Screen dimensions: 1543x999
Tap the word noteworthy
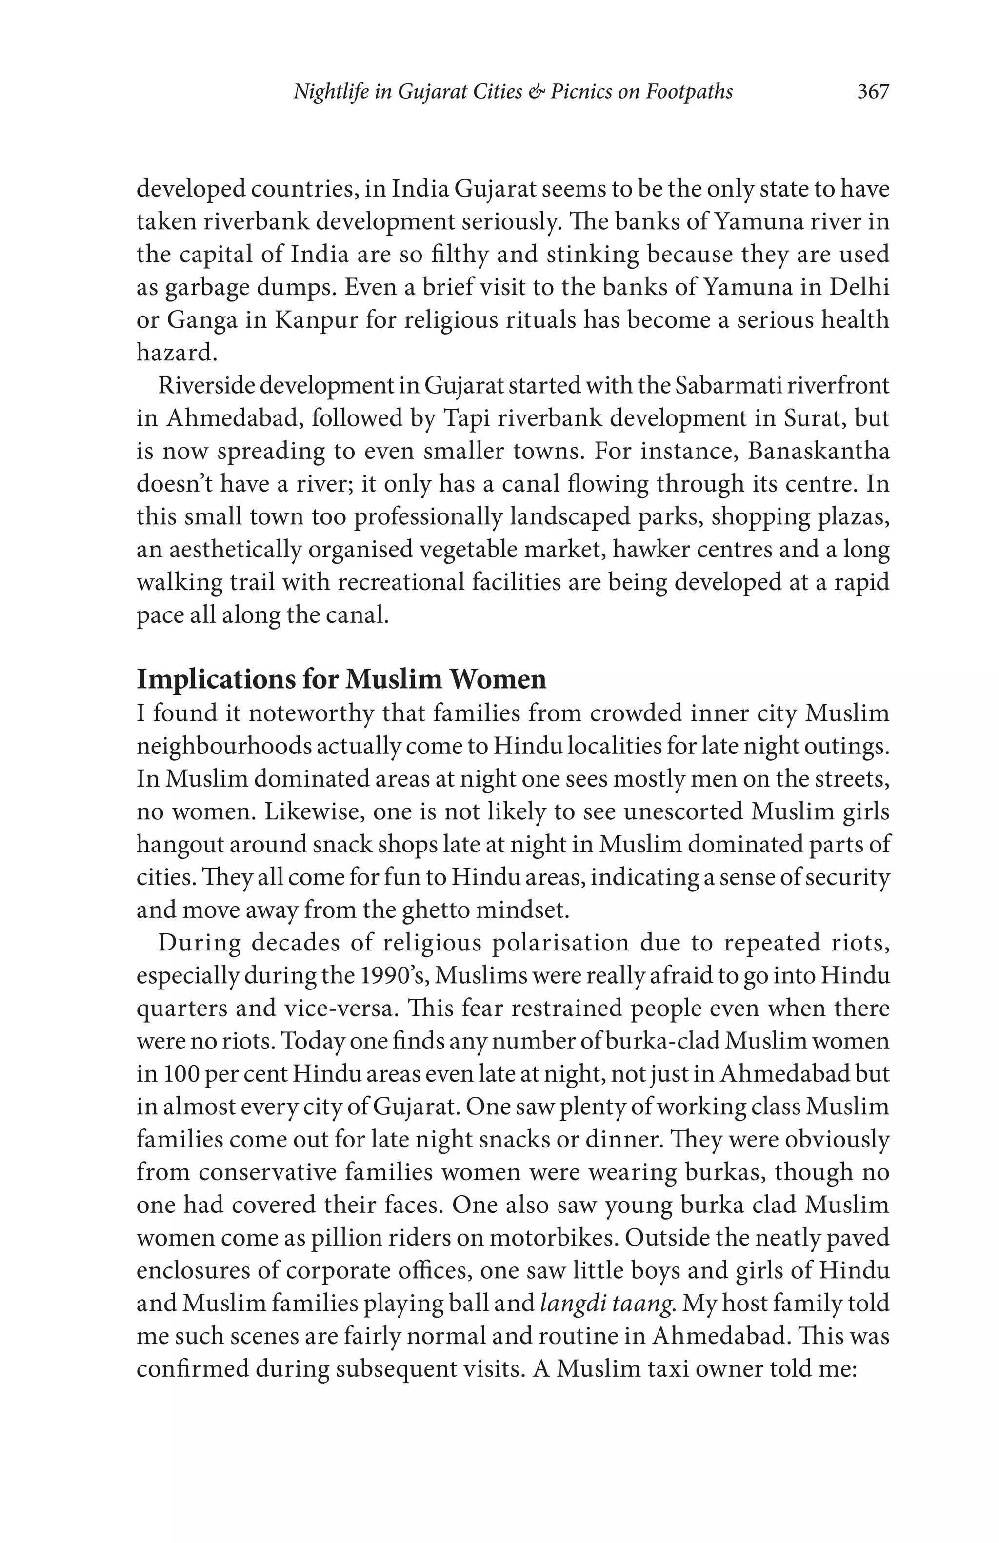311,713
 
